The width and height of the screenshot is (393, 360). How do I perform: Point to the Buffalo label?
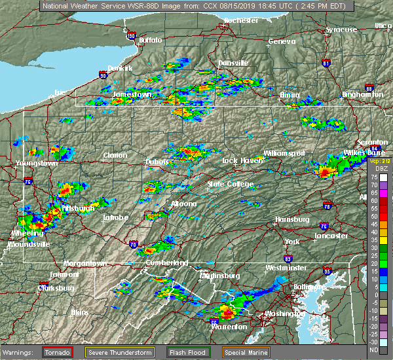coord(150,41)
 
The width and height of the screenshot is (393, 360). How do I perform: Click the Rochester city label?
coord(240,21)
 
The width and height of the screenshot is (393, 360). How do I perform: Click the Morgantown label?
coord(84,263)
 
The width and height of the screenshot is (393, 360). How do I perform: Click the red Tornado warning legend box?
coord(58,352)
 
